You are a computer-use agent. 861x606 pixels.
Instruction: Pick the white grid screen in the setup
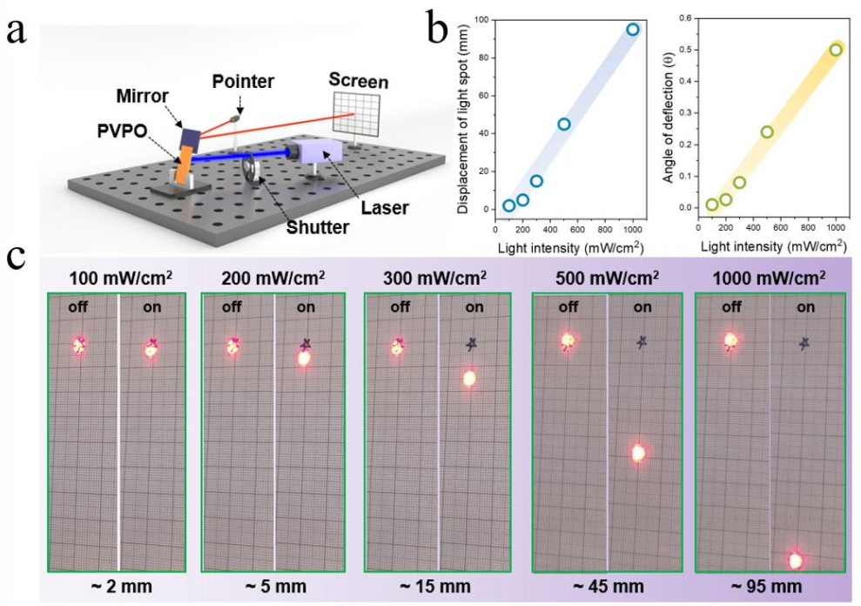[357, 114]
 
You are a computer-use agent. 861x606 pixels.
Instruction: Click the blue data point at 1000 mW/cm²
[633, 30]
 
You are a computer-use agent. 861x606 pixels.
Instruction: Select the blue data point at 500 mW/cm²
[564, 125]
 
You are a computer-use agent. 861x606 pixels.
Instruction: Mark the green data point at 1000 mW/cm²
[836, 50]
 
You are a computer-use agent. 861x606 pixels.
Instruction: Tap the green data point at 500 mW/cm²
[767, 132]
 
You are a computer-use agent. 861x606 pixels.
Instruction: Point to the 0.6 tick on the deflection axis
[685, 18]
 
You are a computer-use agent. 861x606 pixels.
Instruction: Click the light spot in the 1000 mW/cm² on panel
[795, 559]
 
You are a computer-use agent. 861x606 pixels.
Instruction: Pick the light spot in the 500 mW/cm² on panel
[638, 453]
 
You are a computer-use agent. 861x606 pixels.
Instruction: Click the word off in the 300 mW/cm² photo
[400, 306]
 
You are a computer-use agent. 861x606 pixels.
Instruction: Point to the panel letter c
[17, 258]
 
